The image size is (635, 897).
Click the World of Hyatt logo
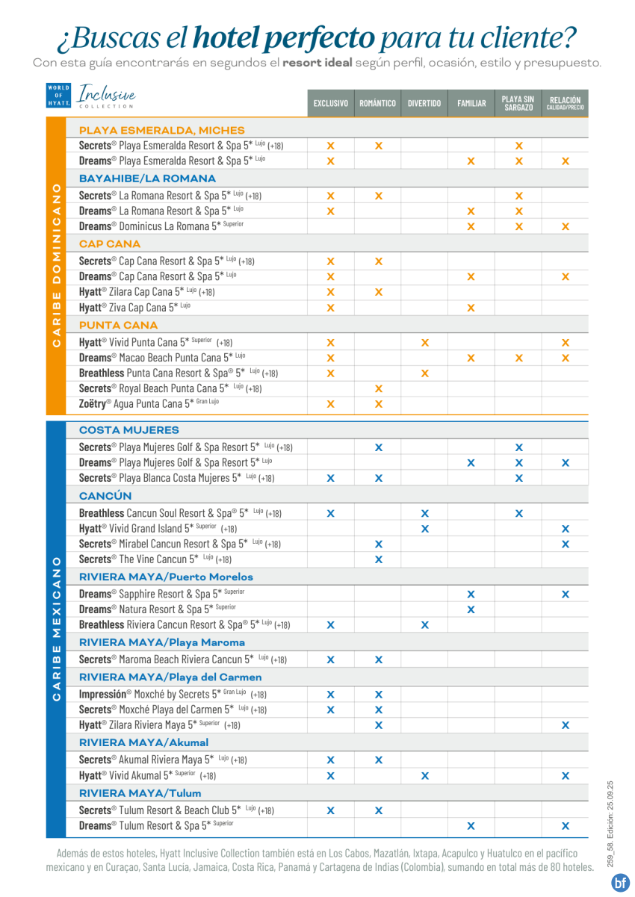pyautogui.click(x=58, y=96)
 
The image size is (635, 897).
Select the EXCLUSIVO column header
pyautogui.click(x=330, y=104)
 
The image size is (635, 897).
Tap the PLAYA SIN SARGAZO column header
pyautogui.click(x=518, y=103)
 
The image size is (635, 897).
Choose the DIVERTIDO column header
pyautogui.click(x=424, y=104)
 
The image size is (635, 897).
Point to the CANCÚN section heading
pyautogui.click(x=105, y=496)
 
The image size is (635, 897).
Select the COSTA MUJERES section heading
pyautogui.click(x=129, y=430)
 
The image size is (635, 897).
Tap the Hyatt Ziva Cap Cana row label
pyautogui.click(x=134, y=307)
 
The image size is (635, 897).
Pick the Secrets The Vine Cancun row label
pyautogui.click(x=155, y=559)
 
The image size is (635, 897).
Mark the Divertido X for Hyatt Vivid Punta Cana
pyautogui.click(x=424, y=343)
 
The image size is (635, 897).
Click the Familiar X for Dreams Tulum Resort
pyautogui.click(x=471, y=826)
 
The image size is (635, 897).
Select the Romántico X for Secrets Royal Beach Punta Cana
pyautogui.click(x=378, y=388)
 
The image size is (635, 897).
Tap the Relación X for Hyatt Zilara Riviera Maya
pyautogui.click(x=565, y=725)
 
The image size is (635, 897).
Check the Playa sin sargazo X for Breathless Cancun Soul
pyautogui.click(x=518, y=513)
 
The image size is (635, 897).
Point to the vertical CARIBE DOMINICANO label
pyautogui.click(x=56, y=265)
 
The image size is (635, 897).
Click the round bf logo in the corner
pyautogui.click(x=620, y=882)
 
